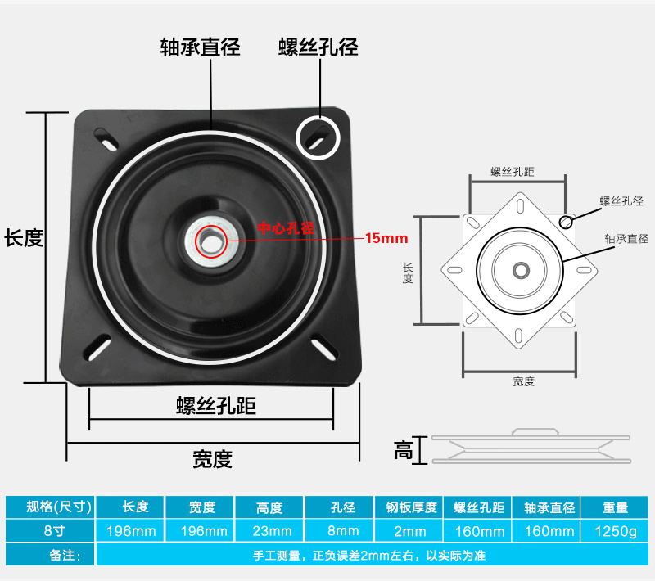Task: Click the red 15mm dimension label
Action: (386, 239)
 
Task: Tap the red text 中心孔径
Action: (286, 228)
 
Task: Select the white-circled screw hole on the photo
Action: (318, 137)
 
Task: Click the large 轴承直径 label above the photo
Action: (200, 47)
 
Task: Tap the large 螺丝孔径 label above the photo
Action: (318, 47)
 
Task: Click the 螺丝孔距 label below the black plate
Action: (211, 407)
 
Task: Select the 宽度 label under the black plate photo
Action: (212, 459)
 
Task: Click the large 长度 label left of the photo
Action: (23, 238)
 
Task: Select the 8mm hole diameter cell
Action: (339, 531)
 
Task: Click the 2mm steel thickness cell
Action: (409, 531)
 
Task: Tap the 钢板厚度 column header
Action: (409, 507)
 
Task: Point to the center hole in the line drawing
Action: (519, 268)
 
